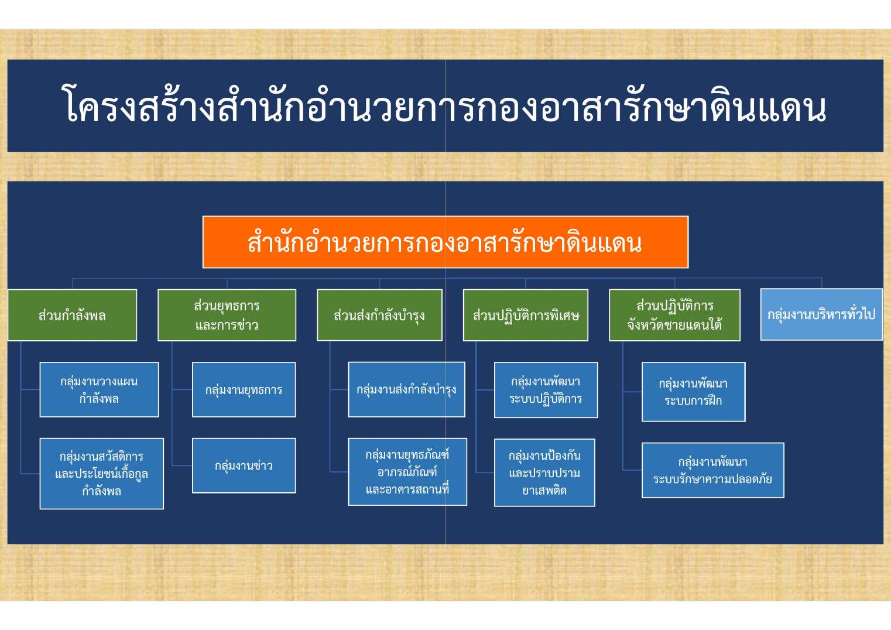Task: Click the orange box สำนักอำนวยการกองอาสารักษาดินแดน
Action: (x=445, y=242)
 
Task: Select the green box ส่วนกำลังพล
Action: (x=73, y=315)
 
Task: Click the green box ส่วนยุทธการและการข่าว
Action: (x=227, y=315)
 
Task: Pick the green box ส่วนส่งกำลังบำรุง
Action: (x=379, y=315)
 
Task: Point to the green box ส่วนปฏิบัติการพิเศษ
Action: (x=526, y=315)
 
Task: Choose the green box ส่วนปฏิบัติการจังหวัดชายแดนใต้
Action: (x=674, y=315)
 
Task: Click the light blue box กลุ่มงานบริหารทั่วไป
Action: (x=821, y=314)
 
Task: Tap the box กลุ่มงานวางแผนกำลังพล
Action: (x=99, y=389)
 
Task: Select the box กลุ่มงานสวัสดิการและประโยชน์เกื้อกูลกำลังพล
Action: (x=101, y=473)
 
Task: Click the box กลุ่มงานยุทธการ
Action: (x=244, y=389)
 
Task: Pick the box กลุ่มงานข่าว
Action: (x=244, y=465)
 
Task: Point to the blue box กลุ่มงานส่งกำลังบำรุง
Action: (x=406, y=389)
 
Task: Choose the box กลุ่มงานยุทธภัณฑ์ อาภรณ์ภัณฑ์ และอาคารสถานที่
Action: (x=407, y=472)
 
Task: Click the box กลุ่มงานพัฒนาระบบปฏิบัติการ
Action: (x=546, y=390)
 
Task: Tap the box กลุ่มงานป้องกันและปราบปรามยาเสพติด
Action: (x=544, y=473)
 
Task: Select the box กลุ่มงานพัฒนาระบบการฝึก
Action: (x=693, y=392)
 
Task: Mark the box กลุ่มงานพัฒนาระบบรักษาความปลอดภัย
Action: (x=713, y=470)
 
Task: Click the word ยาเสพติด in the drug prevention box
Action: (x=544, y=490)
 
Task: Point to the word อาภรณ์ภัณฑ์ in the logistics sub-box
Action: (x=407, y=472)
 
